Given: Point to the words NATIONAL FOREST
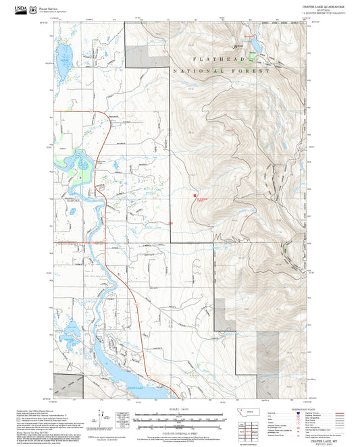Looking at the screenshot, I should (222, 71).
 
